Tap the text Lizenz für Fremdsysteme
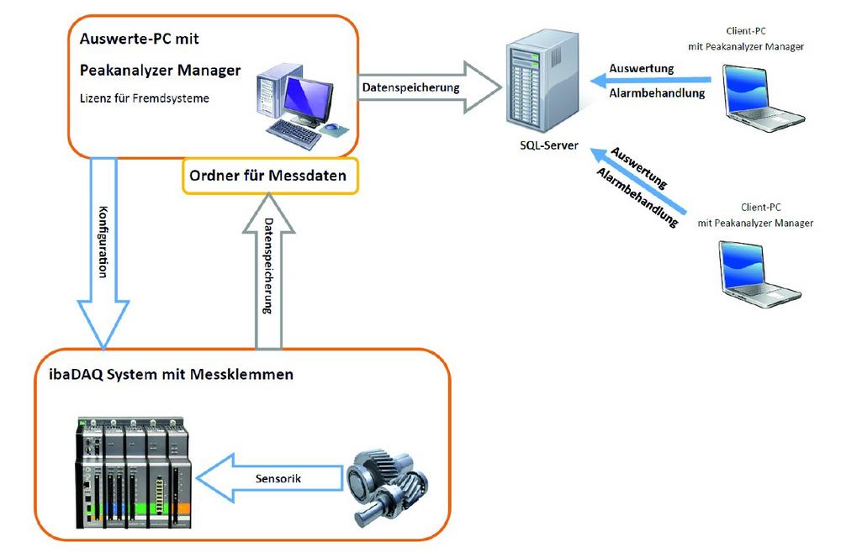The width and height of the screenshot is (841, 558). tap(144, 98)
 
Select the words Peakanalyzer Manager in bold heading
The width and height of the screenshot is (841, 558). tap(160, 71)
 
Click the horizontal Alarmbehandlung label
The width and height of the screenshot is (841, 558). tap(656, 93)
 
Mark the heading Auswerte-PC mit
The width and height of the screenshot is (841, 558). tap(139, 39)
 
